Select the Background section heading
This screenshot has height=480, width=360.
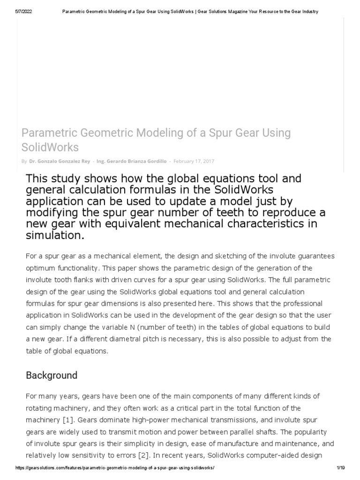(52, 375)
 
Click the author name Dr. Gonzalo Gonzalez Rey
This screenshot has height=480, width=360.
(60, 161)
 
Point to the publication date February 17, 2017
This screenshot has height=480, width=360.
(194, 161)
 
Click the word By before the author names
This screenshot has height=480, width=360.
(24, 161)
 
